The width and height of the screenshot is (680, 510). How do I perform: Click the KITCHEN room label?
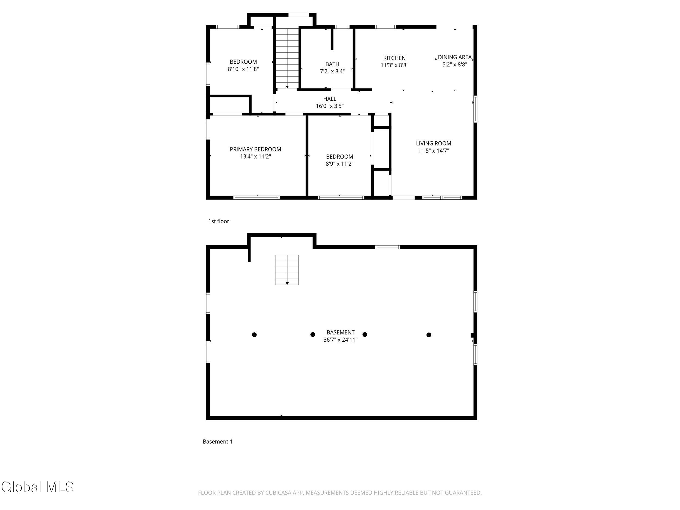coord(394,58)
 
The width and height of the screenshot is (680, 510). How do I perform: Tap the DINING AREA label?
coord(455,57)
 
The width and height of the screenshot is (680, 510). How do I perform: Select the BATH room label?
coord(332,64)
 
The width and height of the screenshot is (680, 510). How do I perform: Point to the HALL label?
coord(330,99)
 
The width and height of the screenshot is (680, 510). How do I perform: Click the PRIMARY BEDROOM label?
coord(255,149)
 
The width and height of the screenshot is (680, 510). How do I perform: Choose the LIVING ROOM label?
coord(434,143)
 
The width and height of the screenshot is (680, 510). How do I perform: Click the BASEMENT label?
coord(341,332)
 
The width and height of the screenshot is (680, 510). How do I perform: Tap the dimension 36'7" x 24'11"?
coord(341,340)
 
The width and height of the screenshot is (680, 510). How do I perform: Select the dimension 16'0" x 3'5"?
coord(330,106)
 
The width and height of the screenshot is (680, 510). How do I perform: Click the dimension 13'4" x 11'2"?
coord(255,156)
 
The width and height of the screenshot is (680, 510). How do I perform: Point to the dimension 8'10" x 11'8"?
coord(243,69)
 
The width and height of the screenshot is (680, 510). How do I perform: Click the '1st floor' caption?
coord(219,221)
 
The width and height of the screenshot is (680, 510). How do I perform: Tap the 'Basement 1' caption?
coord(218,441)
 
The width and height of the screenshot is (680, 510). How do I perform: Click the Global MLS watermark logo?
coord(38,487)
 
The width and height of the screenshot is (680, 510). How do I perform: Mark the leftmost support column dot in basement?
coord(254,335)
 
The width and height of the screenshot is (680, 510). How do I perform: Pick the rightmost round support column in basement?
coord(429,335)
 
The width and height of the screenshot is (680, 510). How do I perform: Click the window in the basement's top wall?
coord(388,247)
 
